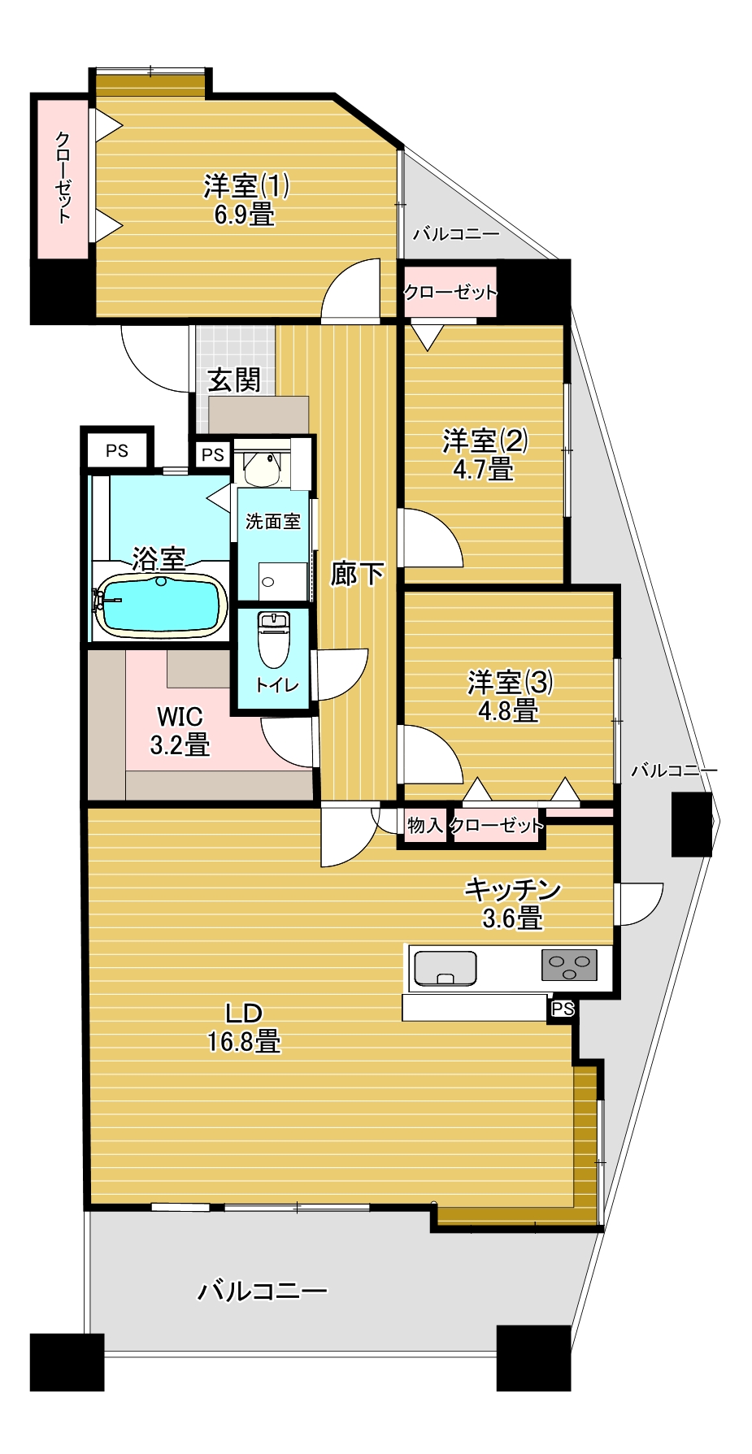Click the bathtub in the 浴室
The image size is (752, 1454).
pos(160,605)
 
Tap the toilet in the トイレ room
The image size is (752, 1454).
pos(272,639)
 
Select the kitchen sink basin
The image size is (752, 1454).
pos(445,968)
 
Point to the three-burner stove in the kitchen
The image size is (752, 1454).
pos(569,965)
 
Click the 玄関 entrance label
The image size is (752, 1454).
pos(234,380)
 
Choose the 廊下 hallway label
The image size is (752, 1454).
pos(358,574)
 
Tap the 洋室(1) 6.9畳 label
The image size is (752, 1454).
pos(246,200)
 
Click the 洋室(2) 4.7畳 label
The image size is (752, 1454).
pos(485,454)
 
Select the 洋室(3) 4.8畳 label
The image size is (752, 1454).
pos(510,696)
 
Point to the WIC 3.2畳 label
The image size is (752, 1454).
pos(180,730)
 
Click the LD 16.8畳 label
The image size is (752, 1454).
pos(244,1026)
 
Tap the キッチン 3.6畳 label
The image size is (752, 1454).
pos(513,903)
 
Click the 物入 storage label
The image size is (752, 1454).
pos(424,826)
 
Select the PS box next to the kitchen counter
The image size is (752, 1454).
pos(563,1009)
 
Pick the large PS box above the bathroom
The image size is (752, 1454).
pos(117,449)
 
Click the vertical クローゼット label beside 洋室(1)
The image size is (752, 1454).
pos(63,177)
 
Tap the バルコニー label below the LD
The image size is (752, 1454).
pos(263,1290)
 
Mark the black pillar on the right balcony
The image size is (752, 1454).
pos(692,824)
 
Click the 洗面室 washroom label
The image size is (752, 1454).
pos(273,522)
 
